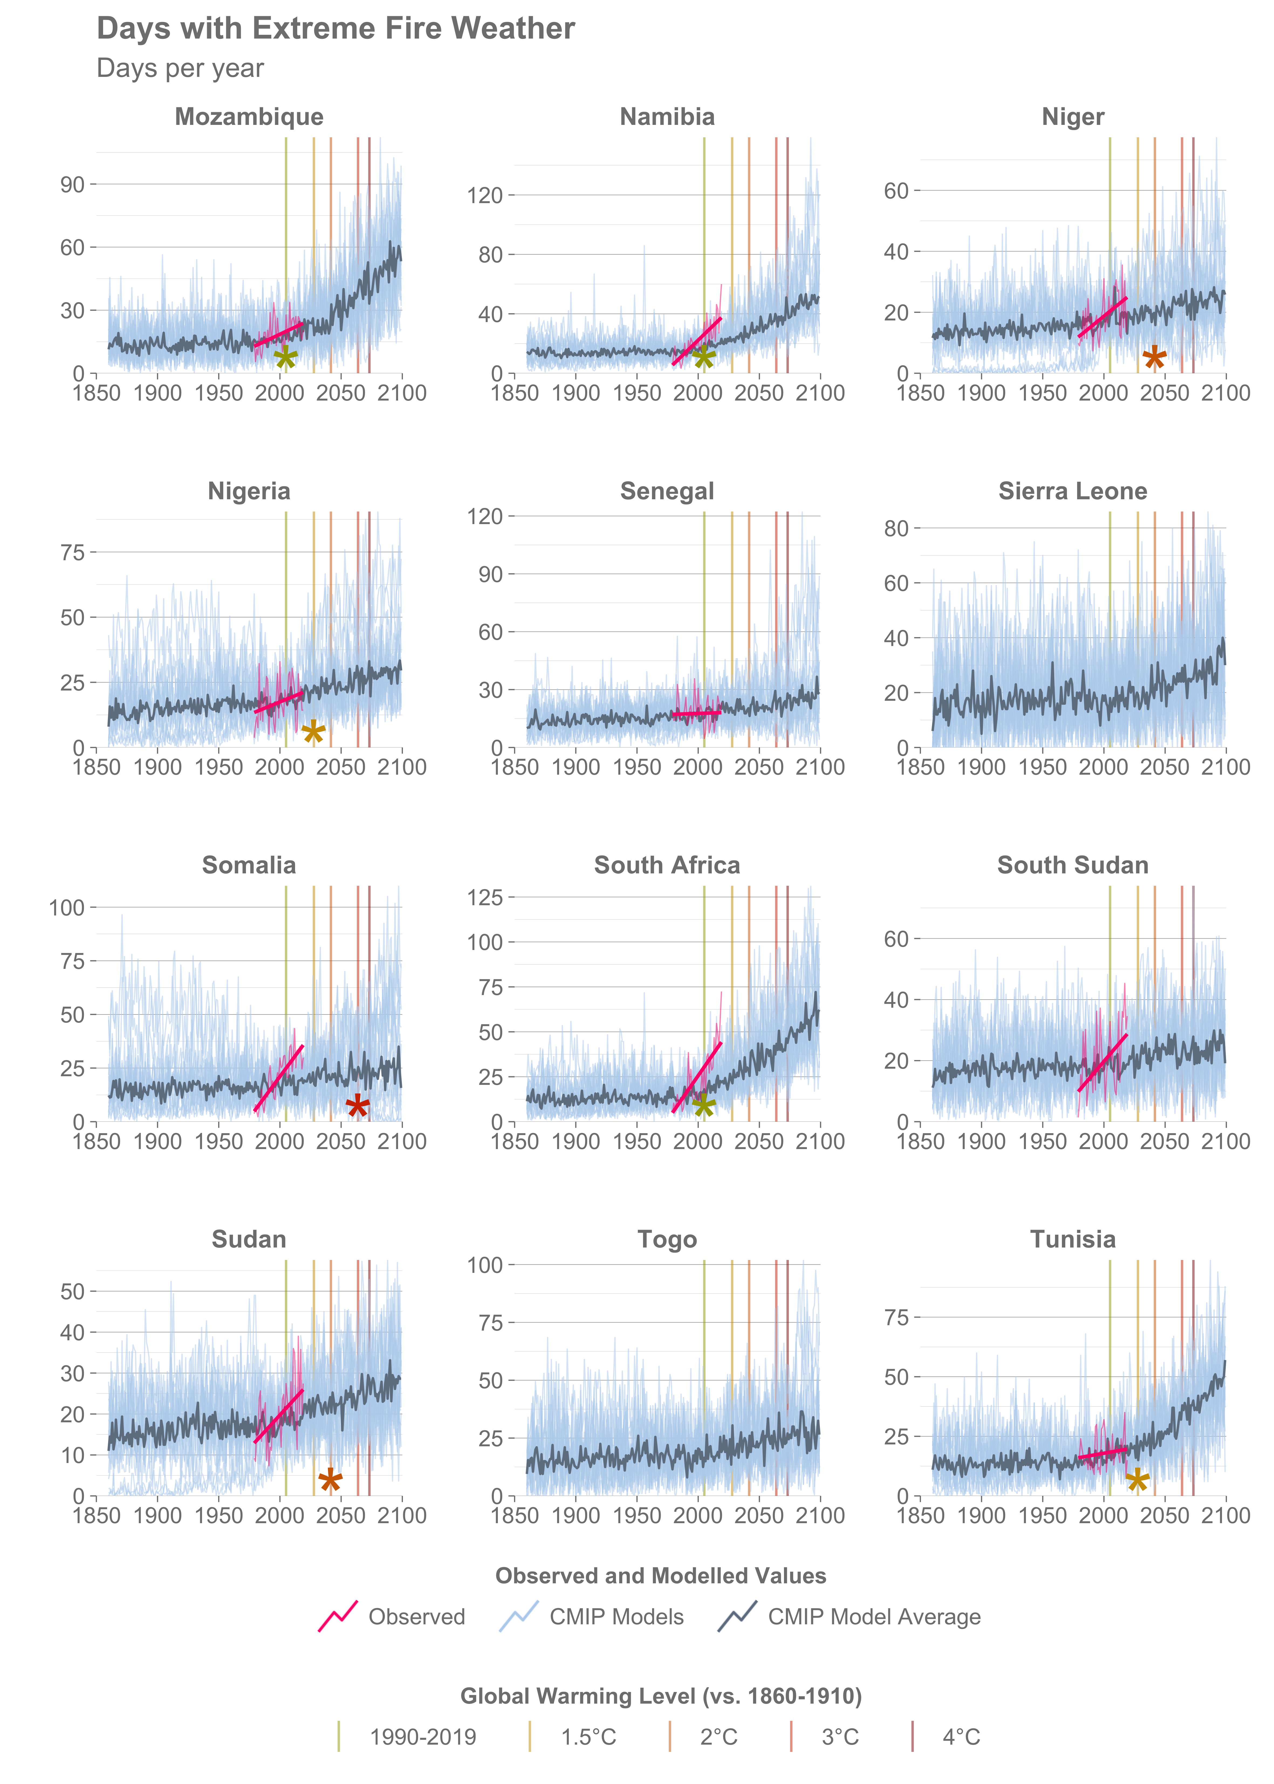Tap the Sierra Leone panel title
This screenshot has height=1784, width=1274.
click(1072, 491)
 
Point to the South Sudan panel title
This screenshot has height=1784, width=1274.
click(1072, 865)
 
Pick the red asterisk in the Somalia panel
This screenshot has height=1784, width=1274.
click(358, 1106)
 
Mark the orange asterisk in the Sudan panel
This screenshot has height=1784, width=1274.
click(330, 1480)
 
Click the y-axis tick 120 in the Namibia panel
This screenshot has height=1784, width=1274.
click(485, 194)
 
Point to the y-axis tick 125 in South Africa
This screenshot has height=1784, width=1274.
click(485, 897)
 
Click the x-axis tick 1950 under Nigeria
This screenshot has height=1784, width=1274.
click(219, 767)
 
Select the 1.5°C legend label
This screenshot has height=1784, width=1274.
click(588, 1737)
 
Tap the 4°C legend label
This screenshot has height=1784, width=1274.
click(961, 1737)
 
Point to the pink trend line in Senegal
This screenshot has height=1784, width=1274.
click(697, 713)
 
